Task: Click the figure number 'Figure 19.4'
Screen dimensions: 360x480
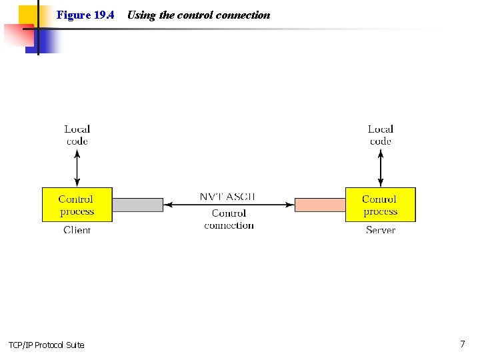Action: pos(85,15)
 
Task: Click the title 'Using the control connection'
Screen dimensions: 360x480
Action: pos(199,15)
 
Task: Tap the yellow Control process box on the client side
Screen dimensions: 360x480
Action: pos(77,205)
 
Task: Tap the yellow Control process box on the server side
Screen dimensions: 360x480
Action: pos(380,205)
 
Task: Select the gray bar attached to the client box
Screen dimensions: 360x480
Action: pos(137,205)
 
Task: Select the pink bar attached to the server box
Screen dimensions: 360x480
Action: pos(320,205)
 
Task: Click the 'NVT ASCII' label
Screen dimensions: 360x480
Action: pos(227,197)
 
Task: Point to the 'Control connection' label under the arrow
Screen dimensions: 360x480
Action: pos(229,219)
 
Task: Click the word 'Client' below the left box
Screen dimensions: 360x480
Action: pos(77,230)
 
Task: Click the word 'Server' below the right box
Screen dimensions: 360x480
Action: pos(381,230)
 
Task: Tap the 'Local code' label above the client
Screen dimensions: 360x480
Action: pos(77,135)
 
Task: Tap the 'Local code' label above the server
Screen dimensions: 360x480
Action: pos(381,135)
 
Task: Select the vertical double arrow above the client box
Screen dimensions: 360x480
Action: pos(77,168)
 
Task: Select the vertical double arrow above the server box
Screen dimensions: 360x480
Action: pos(381,168)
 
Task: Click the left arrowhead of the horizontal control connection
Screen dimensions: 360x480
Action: pos(167,205)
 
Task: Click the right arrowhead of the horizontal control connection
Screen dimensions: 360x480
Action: pos(291,205)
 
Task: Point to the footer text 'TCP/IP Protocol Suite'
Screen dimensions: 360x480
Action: pos(47,345)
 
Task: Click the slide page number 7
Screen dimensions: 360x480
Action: pos(462,344)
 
